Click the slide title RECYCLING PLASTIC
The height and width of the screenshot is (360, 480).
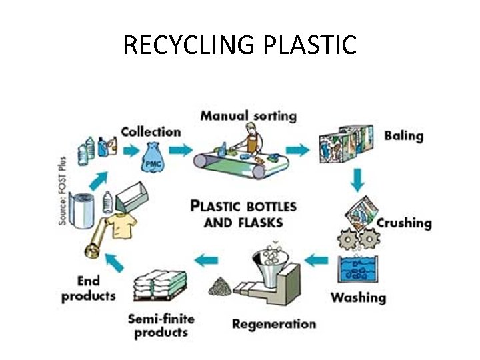240,45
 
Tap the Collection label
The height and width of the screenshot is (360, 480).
151,131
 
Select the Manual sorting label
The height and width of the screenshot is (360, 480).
248,115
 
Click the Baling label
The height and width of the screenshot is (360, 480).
403,135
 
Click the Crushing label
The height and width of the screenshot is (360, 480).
404,223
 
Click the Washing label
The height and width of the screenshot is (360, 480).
358,297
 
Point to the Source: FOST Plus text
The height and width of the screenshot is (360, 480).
63,191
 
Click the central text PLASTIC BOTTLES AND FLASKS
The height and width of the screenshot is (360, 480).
243,213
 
